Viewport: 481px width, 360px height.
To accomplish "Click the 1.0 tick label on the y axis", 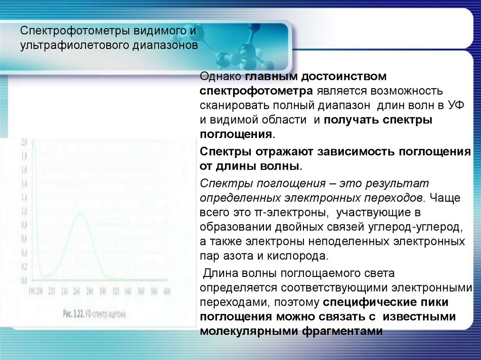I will point(24,210).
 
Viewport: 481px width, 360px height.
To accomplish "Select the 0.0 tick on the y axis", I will point(24,280).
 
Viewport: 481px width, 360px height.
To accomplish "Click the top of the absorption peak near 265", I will point(80,214).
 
